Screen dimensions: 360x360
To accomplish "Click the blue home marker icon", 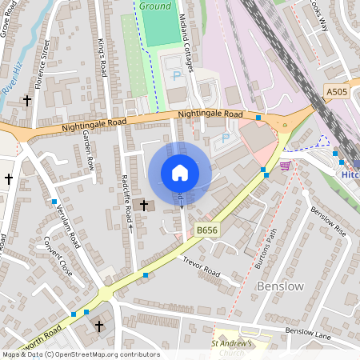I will click(180, 173).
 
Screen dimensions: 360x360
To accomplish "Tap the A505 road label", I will click(338, 93).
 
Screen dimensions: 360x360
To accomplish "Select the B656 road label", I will click(207, 230).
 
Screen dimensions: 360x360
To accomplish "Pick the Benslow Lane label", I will click(309, 330).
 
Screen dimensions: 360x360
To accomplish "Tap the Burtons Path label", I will click(270, 249).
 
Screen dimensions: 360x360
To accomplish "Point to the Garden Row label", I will click(89, 152).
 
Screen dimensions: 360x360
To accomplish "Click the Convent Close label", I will click(58, 257).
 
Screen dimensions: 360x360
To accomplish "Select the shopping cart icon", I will click(285, 166).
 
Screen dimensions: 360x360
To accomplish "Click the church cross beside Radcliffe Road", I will click(145, 206).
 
